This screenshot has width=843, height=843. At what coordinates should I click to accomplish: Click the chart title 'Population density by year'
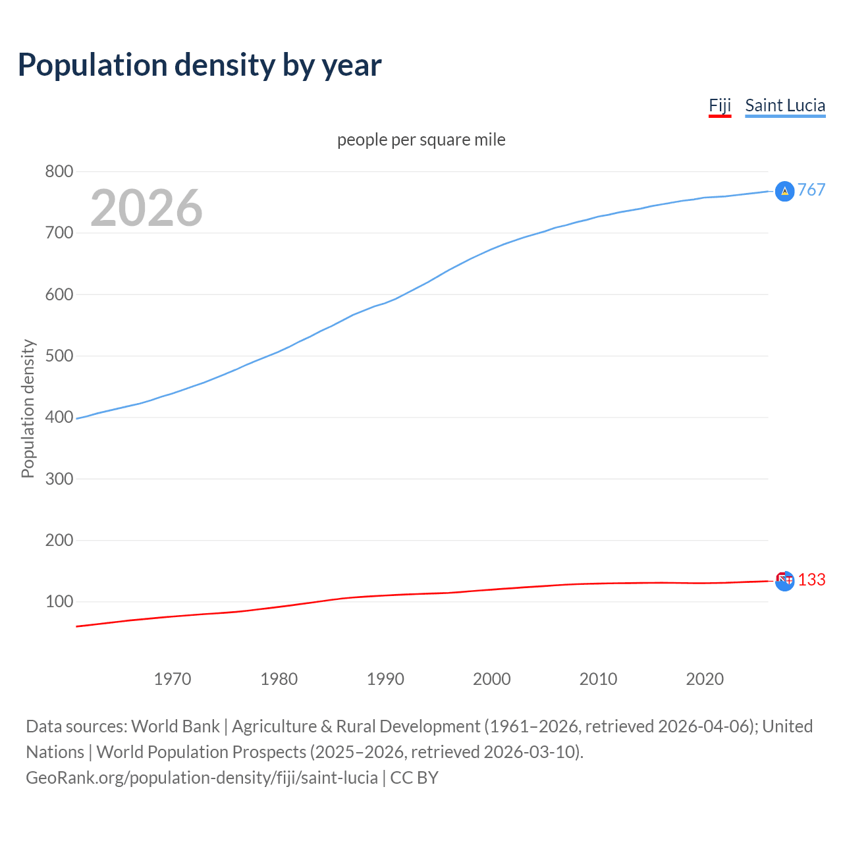[200, 65]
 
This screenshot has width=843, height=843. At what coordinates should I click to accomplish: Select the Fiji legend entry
[720, 105]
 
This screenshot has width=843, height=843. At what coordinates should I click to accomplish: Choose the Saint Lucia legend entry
[785, 105]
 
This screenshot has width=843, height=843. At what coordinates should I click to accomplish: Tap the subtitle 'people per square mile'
[421, 140]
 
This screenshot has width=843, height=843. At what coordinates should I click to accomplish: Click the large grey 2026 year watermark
[146, 208]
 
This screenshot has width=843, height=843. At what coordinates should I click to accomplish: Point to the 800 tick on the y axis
[59, 172]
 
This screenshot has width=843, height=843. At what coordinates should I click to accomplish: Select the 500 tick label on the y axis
[59, 356]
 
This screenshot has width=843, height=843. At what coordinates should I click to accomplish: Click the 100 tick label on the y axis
[59, 602]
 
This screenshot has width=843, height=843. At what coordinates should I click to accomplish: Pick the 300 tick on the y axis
[59, 479]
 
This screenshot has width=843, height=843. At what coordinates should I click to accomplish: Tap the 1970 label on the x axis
[173, 679]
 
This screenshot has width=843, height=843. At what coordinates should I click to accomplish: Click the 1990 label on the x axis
[385, 679]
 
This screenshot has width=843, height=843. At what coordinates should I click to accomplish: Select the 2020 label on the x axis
[705, 679]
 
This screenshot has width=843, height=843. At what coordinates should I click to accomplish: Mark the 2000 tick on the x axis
[492, 679]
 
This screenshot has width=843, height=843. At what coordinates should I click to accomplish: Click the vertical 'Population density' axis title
[28, 408]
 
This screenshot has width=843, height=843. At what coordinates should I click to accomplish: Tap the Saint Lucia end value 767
[811, 190]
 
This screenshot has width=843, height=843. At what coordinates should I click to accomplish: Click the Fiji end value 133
[811, 580]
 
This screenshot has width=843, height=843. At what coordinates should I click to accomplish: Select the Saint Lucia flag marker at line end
[784, 191]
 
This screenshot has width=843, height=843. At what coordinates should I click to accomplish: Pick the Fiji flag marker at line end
[784, 580]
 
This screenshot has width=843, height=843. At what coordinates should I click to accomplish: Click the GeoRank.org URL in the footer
[202, 778]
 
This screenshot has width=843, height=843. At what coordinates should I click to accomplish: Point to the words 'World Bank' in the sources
[175, 726]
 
